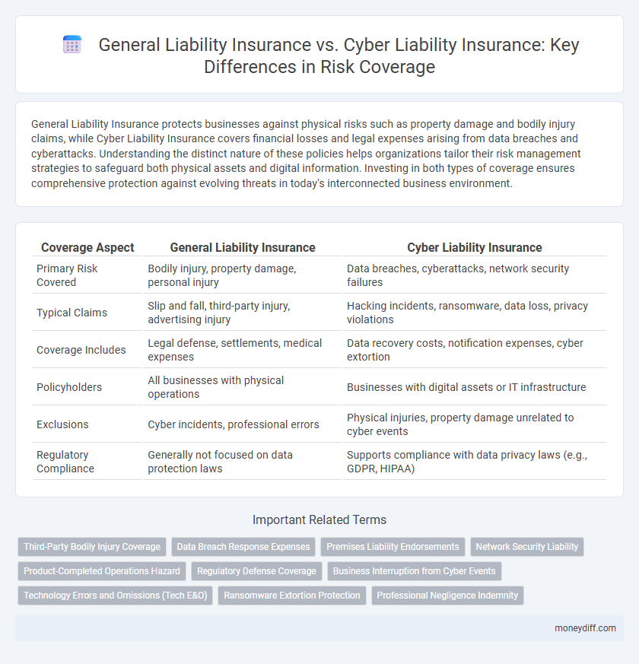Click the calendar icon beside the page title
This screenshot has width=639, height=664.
[72, 45]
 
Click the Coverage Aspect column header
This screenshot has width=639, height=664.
[87, 247]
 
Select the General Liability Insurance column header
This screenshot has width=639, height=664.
[243, 247]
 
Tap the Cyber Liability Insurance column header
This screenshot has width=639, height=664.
[475, 247]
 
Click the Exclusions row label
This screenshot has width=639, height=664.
[62, 424]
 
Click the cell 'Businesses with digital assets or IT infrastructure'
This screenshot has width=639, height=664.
[466, 387]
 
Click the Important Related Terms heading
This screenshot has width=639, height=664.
[319, 520]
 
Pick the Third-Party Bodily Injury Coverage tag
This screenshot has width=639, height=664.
[92, 546]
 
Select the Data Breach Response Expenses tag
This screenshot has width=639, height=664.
[243, 546]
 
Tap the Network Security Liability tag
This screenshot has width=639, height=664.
[527, 546]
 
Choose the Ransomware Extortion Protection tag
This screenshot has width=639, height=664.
[292, 595]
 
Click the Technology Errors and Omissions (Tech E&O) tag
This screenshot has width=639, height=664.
[115, 595]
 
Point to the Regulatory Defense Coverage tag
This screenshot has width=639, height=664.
[256, 570]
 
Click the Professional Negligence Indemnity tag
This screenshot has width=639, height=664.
[447, 595]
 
